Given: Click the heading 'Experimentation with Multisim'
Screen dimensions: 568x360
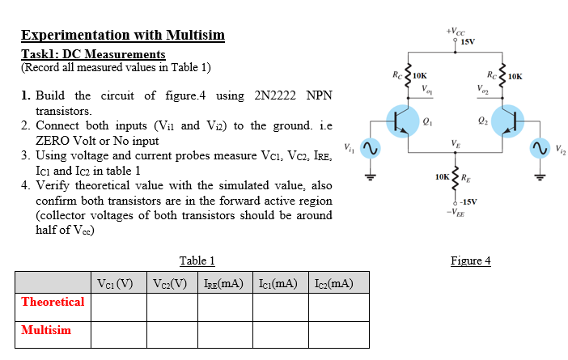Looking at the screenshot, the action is pos(123,36).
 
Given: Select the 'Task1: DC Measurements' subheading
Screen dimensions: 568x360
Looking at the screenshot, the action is pos(93,54).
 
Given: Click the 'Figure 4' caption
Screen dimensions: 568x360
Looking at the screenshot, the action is pos(470,260).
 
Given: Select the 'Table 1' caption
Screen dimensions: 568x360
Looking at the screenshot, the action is pos(197,260).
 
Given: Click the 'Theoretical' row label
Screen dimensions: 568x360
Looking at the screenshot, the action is pos(53,302).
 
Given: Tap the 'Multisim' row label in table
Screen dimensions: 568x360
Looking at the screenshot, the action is pos(46,330).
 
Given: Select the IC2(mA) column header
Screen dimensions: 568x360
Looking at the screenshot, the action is pos(333,283).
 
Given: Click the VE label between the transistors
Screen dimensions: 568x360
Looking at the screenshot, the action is pos(457,144).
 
